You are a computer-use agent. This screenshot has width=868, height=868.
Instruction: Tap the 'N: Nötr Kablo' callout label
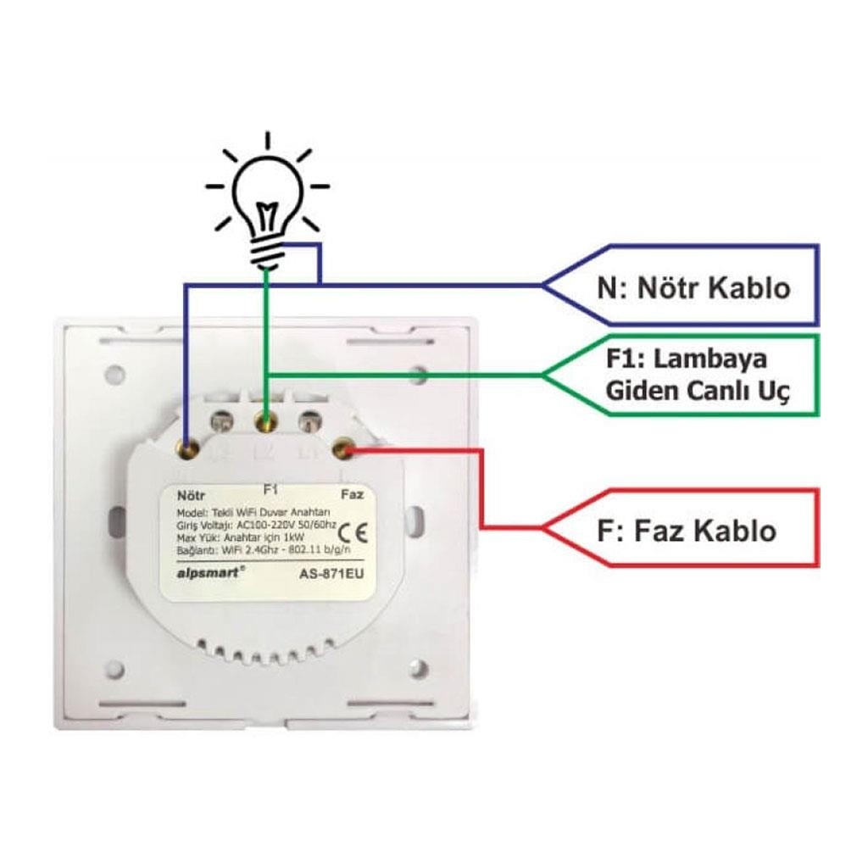[x=693, y=287]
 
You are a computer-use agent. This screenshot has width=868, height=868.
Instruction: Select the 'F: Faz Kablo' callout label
[x=686, y=531]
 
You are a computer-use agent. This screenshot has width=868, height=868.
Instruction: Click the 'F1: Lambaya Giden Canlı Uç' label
[x=696, y=375]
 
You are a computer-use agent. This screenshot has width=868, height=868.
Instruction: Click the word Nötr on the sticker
[x=191, y=493]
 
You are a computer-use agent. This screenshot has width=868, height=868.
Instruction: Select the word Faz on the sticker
[x=351, y=493]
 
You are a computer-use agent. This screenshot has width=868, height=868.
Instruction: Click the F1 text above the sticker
[x=271, y=489]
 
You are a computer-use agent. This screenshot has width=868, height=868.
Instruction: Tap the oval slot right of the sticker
[x=417, y=518]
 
